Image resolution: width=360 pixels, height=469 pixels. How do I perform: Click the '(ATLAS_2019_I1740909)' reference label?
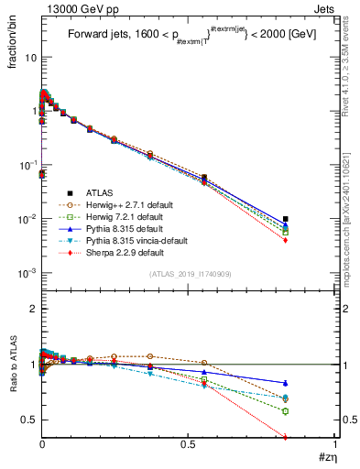[x=190, y=274]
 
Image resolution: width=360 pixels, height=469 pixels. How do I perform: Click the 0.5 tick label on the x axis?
[x=190, y=445]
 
